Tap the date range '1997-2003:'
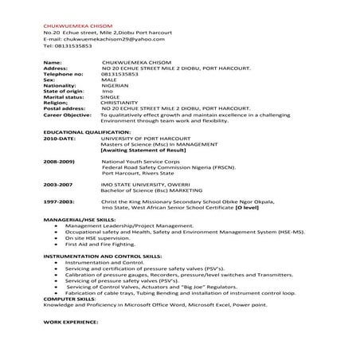point(60,203)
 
